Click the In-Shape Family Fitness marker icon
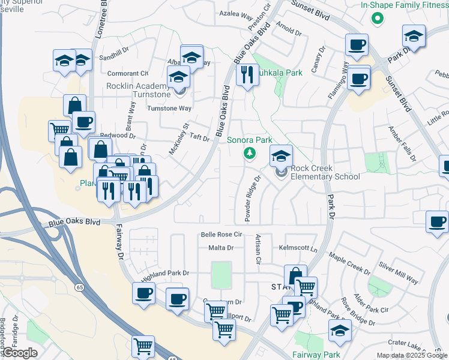(377, 18)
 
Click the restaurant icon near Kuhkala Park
(247, 75)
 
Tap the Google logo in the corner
(19, 353)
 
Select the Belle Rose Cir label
(221, 235)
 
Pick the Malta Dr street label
(221, 247)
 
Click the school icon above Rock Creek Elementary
(280, 157)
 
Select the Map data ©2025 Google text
(412, 355)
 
